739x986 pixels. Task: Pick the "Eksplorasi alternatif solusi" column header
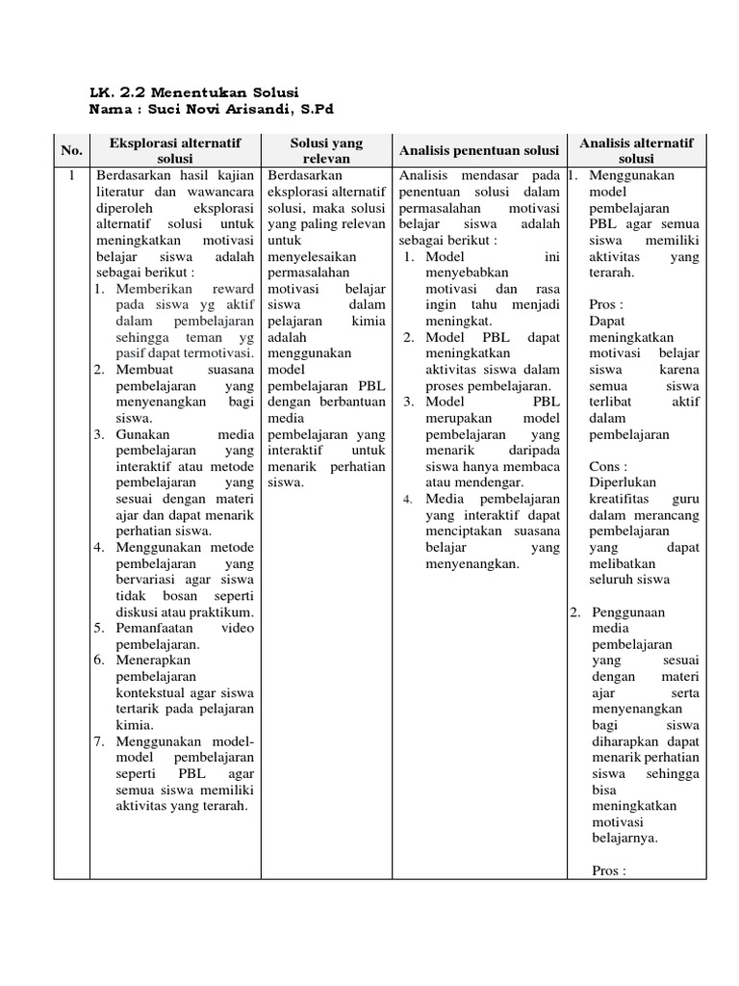[175, 150]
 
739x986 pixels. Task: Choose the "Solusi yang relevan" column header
[326, 150]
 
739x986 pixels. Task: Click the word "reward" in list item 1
[235, 289]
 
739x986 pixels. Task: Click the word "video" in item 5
[236, 628]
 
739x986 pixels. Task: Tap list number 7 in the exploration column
[99, 740]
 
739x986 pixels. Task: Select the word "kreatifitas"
[622, 499]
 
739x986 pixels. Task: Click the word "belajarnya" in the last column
[624, 838]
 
